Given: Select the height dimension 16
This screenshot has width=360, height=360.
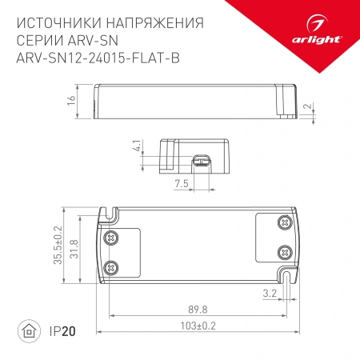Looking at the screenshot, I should pyautogui.click(x=71, y=100).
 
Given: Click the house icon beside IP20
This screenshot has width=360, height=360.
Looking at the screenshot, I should pyautogui.click(x=27, y=330).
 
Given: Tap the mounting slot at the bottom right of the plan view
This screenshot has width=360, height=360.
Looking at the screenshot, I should pyautogui.click(x=285, y=276).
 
